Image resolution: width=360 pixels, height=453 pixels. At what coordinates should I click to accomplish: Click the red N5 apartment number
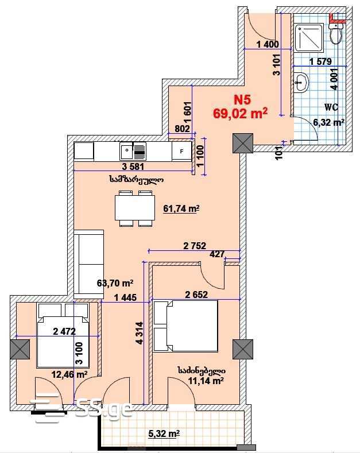[x=242, y=100]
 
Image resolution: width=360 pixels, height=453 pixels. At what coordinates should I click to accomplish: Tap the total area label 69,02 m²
[x=240, y=113]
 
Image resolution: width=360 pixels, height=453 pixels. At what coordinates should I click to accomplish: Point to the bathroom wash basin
[x=301, y=83]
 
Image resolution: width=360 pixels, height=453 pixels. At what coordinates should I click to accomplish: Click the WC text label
[x=331, y=107]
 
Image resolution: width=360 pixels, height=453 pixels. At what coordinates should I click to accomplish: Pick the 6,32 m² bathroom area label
[x=329, y=122]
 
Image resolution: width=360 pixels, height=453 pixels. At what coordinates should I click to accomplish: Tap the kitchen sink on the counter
[x=133, y=151]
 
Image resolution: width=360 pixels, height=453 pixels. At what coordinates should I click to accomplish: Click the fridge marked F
[x=182, y=151]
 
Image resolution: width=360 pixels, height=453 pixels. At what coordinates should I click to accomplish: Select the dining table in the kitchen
[x=134, y=208]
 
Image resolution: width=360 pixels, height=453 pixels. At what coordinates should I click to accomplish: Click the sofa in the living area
[x=88, y=264]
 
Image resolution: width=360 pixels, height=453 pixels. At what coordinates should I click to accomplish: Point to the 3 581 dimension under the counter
[x=133, y=167]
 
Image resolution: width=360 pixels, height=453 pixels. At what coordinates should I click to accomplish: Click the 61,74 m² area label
[x=181, y=208]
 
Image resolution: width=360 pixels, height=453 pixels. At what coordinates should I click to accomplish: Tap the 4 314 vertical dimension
[x=140, y=333]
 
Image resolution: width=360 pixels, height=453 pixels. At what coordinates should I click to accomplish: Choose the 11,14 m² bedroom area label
[x=206, y=381]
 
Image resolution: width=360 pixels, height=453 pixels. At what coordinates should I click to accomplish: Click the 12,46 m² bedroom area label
[x=69, y=375]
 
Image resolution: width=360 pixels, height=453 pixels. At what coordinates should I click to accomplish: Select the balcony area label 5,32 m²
[x=164, y=433]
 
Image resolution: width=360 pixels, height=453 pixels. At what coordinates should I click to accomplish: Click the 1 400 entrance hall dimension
[x=268, y=44]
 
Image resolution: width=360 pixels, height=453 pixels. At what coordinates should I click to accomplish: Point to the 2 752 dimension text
[x=195, y=246]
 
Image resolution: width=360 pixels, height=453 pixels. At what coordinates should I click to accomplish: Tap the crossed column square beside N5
[x=243, y=144]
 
